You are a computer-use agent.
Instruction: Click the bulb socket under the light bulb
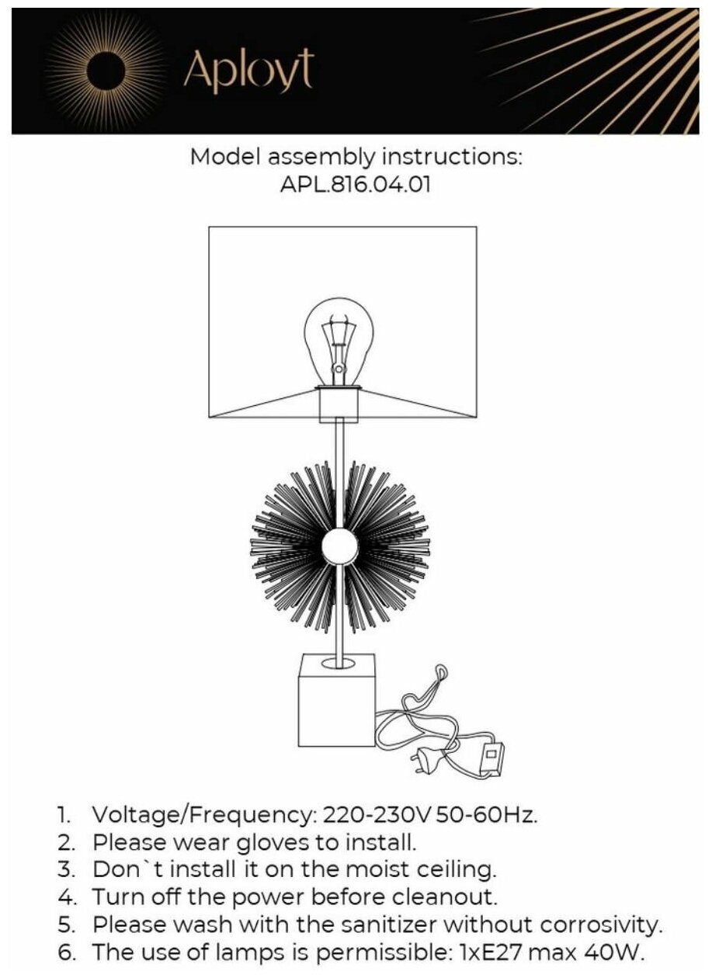(339, 404)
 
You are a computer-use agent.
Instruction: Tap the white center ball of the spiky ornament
(339, 547)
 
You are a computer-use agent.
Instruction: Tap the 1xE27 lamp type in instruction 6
(484, 952)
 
